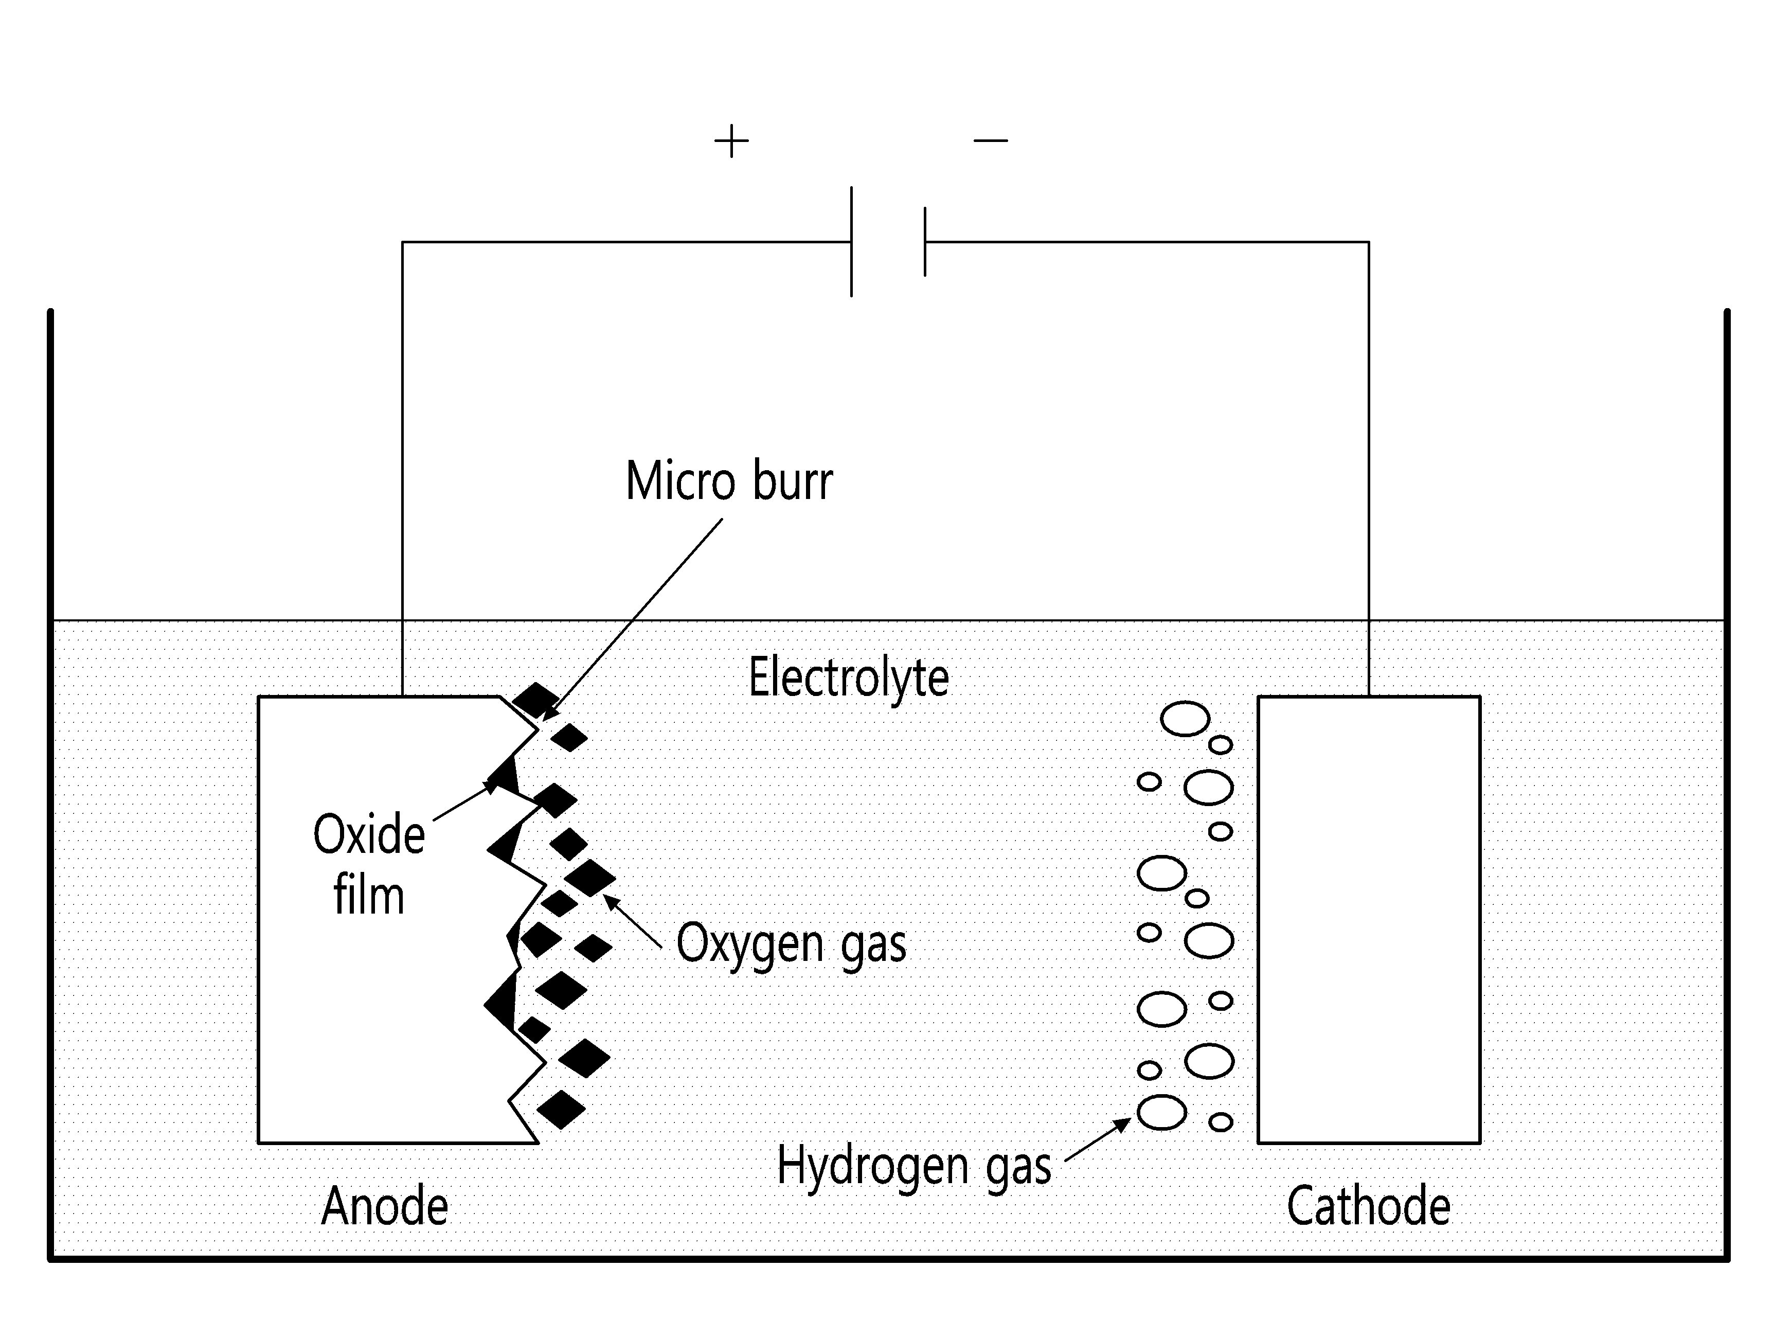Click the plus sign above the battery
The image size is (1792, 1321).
click(731, 141)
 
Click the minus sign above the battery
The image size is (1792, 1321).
click(990, 141)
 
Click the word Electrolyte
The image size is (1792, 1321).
click(848, 678)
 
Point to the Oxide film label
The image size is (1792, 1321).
click(369, 864)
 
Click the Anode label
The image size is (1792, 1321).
click(385, 1206)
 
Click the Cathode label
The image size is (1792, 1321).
click(1368, 1206)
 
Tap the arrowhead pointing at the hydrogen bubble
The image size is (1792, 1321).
click(1123, 1123)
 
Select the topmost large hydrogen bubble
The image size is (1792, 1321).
click(1185, 719)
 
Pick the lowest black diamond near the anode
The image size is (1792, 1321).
click(561, 1110)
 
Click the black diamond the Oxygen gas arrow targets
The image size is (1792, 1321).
click(590, 878)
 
